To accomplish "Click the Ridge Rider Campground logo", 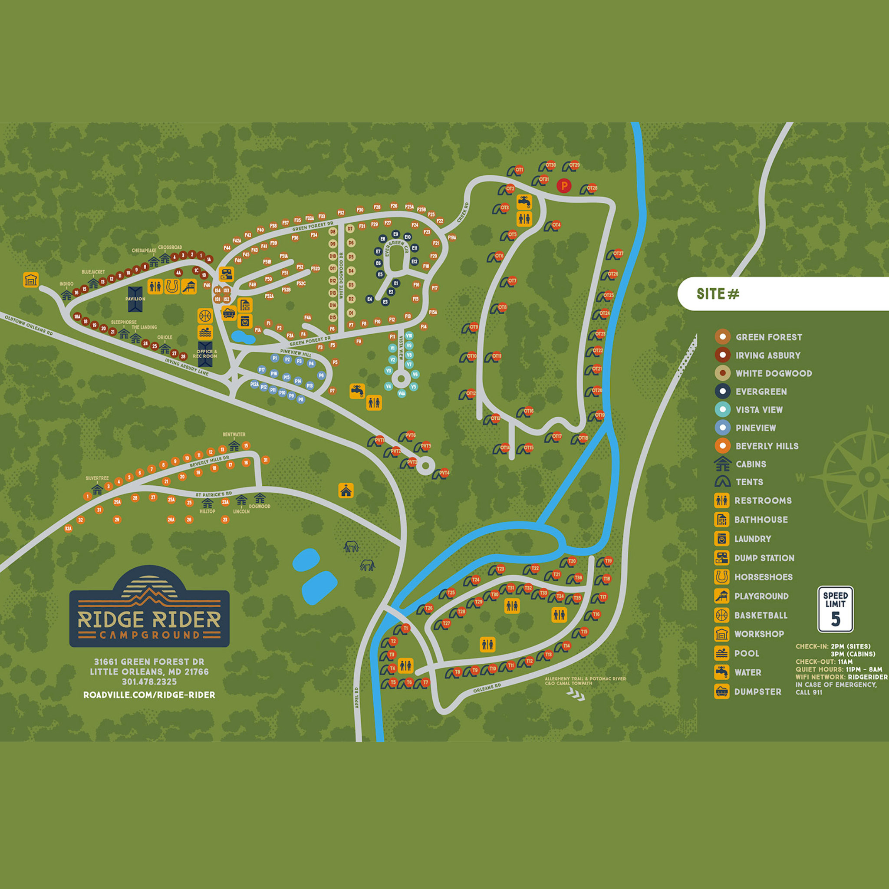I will point(149,607).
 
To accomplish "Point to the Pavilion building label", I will point(135,299).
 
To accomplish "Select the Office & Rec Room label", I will point(205,354).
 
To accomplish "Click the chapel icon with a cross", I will point(346,491).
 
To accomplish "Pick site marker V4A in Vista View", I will point(402,393).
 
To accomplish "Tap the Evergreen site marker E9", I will point(395,234).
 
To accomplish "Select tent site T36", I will point(578,577).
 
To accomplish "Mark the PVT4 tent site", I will point(444,473).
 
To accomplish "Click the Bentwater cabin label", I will point(234,435).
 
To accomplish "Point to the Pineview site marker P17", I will point(262,369).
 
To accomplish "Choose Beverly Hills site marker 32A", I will point(68,529).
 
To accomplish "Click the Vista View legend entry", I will point(759,409).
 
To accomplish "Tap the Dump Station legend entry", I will point(764,558).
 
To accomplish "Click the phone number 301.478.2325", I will point(149,682).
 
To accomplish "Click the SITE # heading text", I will point(718,293).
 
